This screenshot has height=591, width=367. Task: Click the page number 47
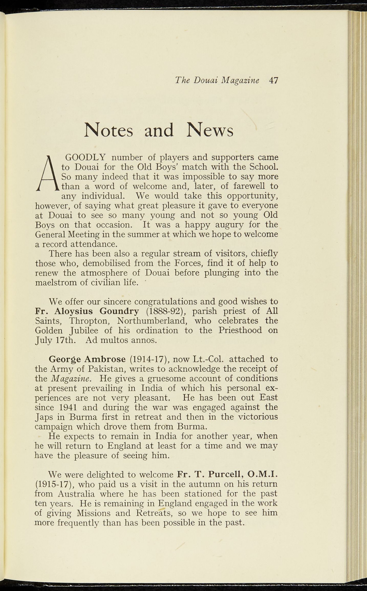coord(273,80)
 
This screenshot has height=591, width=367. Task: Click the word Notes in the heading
coord(108,130)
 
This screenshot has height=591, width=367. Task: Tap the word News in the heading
coord(210,130)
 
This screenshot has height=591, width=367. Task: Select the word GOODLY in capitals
coord(86,158)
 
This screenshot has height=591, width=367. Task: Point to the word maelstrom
coord(56,282)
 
